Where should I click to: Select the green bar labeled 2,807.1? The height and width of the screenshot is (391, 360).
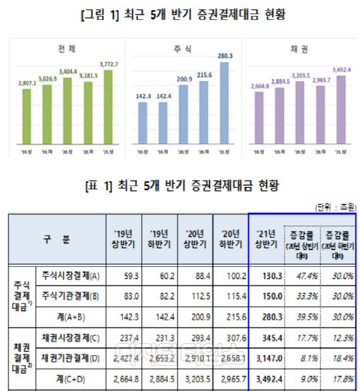(x=26, y=119)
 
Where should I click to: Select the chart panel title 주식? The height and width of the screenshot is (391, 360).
(x=182, y=49)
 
